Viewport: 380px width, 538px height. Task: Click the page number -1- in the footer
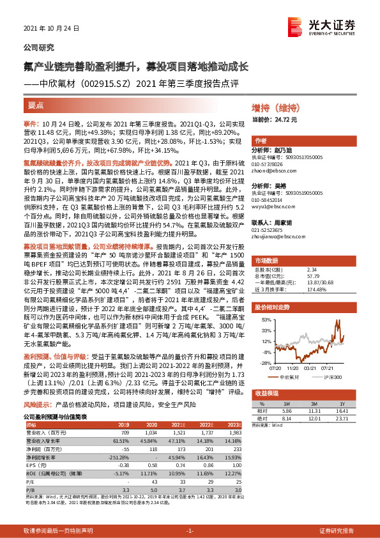click(x=190, y=531)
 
